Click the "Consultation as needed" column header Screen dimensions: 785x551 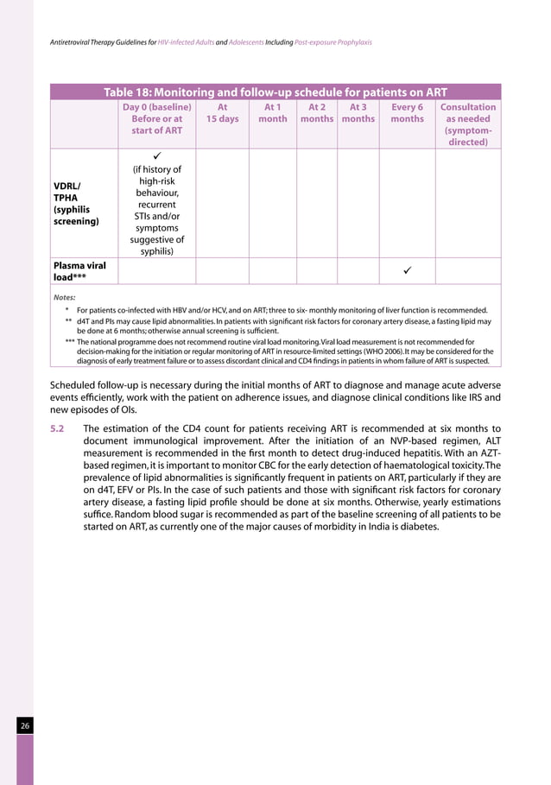[468, 124]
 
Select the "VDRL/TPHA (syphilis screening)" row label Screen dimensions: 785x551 [76, 203]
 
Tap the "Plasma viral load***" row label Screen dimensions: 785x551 [79, 271]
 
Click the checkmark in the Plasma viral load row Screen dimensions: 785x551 [407, 271]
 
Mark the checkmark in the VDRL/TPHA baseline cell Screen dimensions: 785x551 [156, 156]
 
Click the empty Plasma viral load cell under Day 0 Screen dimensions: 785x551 [156, 271]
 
